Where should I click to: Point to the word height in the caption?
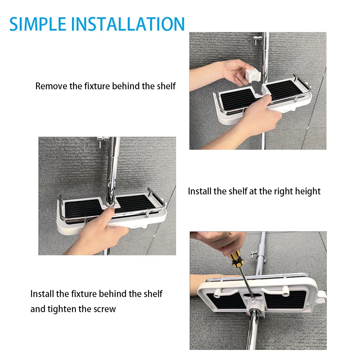click(307, 191)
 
